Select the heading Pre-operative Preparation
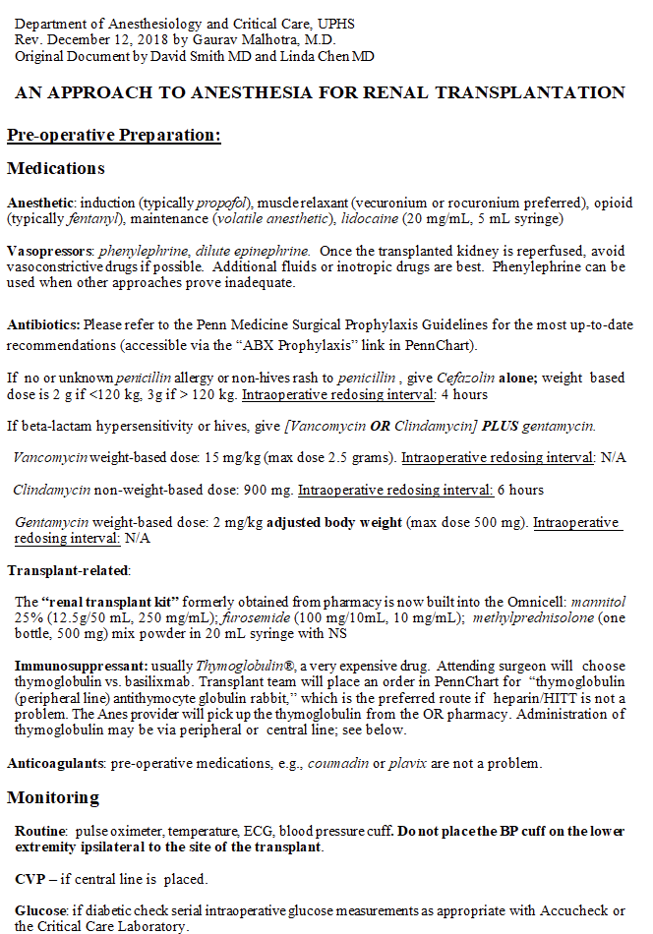113,135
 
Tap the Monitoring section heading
53,797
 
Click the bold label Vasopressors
49,251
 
